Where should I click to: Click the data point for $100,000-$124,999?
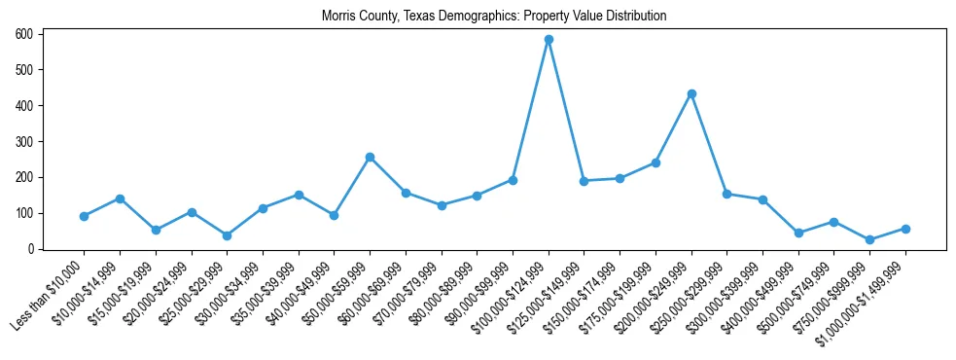(549, 40)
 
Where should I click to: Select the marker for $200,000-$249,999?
(691, 93)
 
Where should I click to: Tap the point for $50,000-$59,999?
(370, 157)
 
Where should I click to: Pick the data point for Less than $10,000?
(84, 216)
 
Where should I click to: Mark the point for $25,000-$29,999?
(227, 235)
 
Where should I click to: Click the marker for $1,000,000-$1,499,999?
(905, 229)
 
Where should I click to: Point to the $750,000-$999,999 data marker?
(869, 239)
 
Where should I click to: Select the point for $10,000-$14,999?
(120, 198)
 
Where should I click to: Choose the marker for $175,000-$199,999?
(655, 162)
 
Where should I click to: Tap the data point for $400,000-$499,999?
(798, 233)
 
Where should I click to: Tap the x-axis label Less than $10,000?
(49, 297)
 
